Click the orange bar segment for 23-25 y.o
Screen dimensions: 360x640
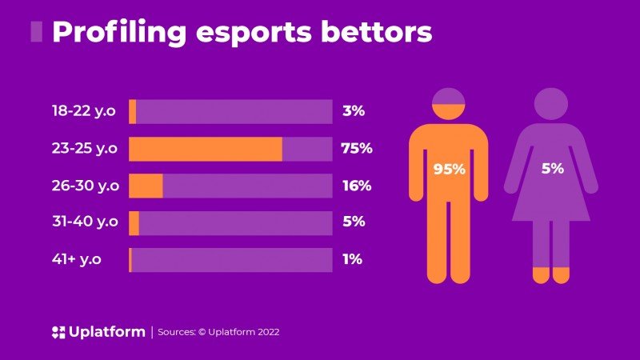[206, 149]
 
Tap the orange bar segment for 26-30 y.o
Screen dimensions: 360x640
[146, 186]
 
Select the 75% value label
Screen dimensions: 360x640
[357, 149]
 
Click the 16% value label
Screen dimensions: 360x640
[356, 186]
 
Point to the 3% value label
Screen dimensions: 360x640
[353, 111]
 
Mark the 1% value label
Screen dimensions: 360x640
[352, 259]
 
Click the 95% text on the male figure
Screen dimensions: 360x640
[449, 170]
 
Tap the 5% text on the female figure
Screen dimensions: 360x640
[552, 169]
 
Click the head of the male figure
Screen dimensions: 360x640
[449, 106]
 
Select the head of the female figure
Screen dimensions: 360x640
[551, 104]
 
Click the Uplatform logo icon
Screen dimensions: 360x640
[58, 332]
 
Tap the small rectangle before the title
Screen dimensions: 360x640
[36, 31]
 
